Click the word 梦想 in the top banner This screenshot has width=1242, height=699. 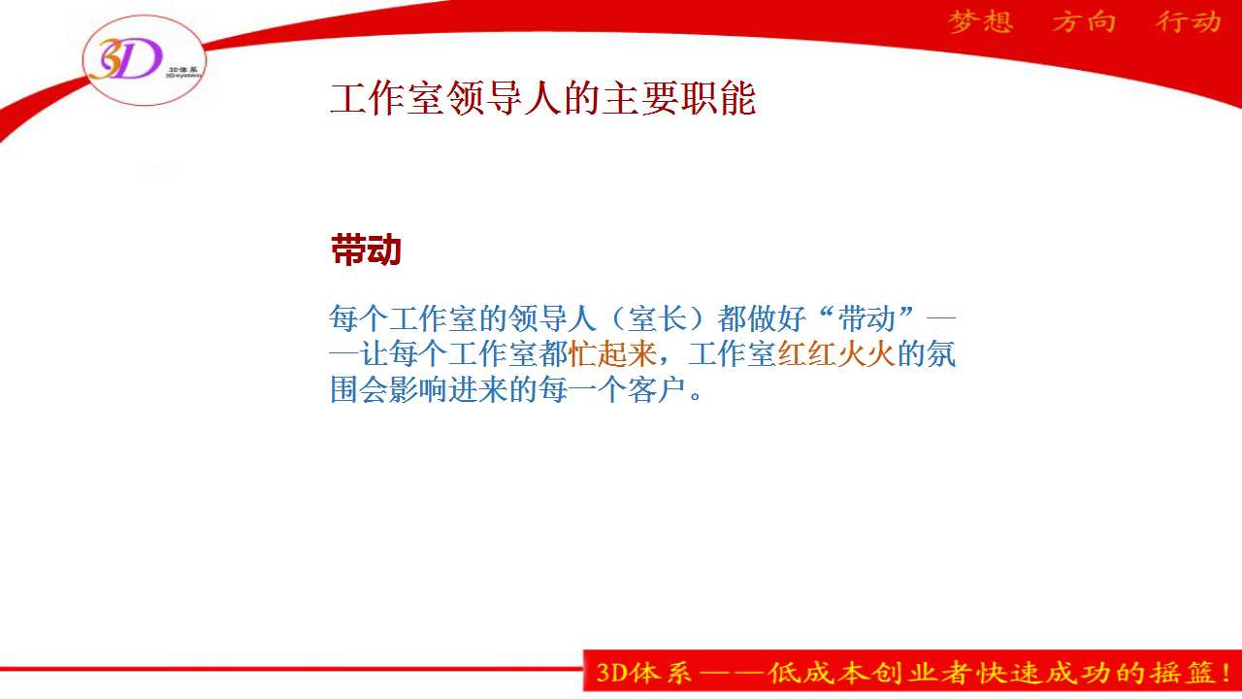coord(981,22)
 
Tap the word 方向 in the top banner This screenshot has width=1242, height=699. coord(1084,22)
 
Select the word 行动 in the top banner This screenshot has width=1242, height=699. coord(1189,22)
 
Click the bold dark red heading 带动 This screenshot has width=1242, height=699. coord(366,250)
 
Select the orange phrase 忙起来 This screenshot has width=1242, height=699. coord(612,353)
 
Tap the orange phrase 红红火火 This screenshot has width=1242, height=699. coord(836,353)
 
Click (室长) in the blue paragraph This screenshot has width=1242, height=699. coord(657,318)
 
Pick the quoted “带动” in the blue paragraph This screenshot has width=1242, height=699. coord(866,318)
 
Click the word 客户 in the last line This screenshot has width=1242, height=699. coord(657,389)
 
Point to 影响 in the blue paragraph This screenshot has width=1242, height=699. coord(418,389)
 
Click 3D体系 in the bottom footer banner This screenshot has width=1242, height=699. coord(643,673)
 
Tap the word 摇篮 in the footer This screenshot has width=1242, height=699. coord(1181,673)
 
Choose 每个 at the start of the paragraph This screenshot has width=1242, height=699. coord(358,318)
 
